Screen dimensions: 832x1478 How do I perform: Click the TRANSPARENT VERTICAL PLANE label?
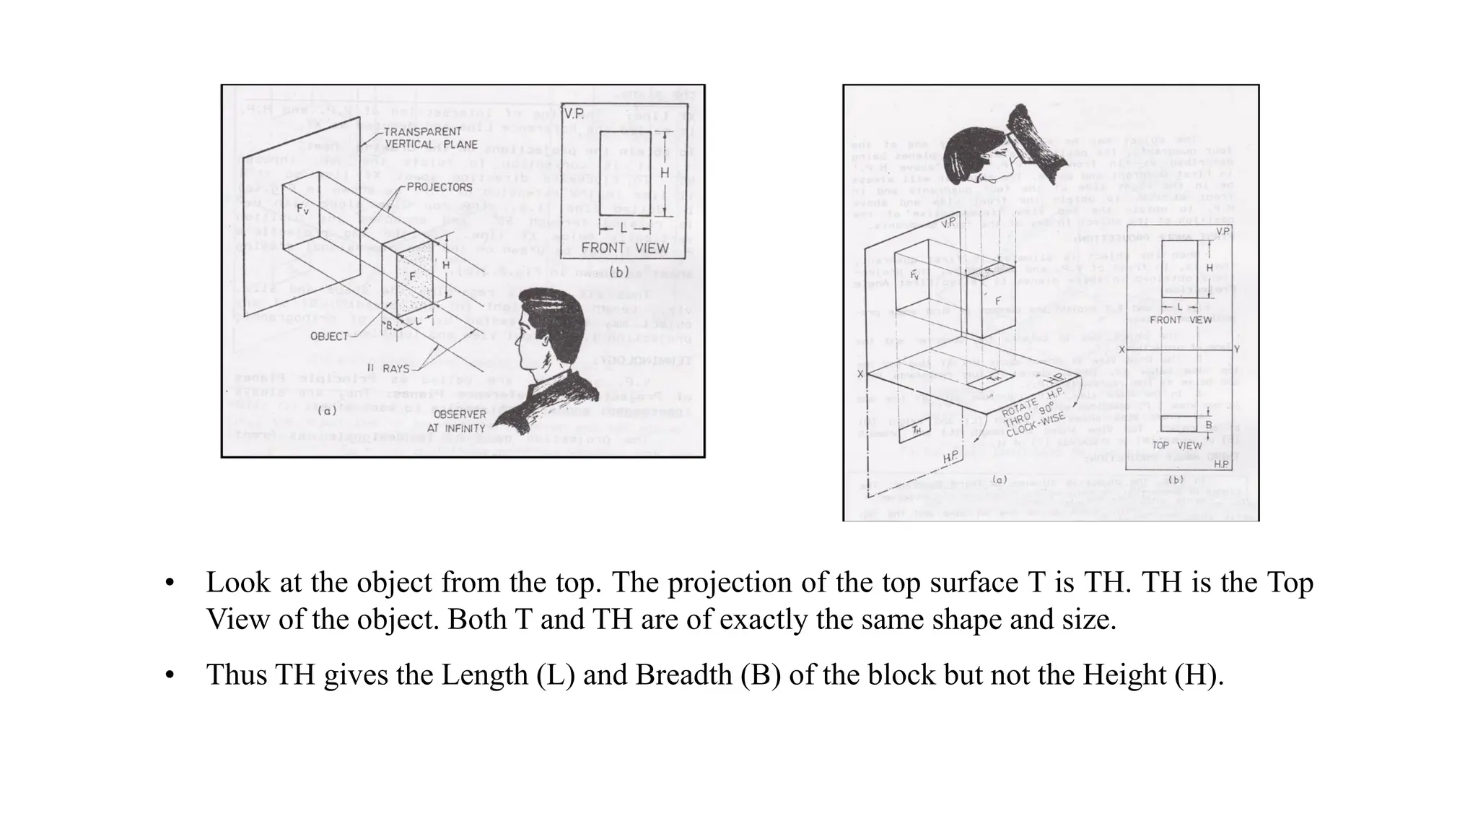coord(431,138)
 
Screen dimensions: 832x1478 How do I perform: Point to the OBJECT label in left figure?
coord(329,337)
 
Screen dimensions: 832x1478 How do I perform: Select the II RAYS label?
coord(388,369)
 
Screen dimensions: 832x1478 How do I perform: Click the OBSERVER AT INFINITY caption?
coord(460,421)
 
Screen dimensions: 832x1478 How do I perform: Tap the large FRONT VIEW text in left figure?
coord(625,248)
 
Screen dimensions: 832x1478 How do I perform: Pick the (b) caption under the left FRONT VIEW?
coord(619,273)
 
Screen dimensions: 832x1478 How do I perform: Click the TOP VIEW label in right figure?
coord(1176,446)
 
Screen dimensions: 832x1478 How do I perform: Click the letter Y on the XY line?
coord(1236,350)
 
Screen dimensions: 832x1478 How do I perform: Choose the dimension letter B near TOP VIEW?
coord(1209,425)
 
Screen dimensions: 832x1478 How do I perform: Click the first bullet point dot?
coord(170,584)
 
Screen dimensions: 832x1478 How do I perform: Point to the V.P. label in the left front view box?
coord(575,114)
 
